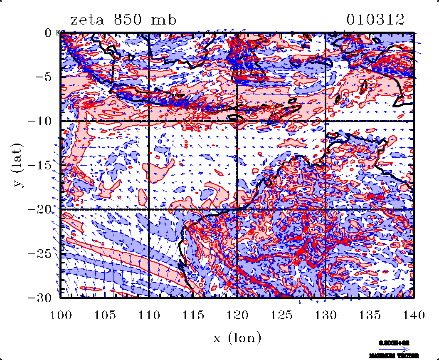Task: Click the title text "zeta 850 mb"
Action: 123,20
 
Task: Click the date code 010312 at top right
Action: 375,20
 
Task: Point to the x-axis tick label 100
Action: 61,315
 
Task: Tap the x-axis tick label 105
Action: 105,315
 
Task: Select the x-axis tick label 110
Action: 149,315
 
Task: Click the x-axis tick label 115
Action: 193,315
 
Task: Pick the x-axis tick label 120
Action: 237,315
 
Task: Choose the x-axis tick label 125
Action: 281,315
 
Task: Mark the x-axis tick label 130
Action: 325,315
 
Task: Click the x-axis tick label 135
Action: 369,315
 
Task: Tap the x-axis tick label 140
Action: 413,315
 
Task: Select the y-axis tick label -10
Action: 41,121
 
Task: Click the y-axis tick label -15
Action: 41,165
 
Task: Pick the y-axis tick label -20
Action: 41,209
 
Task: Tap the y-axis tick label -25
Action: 41,253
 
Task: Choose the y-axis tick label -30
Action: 41,298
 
